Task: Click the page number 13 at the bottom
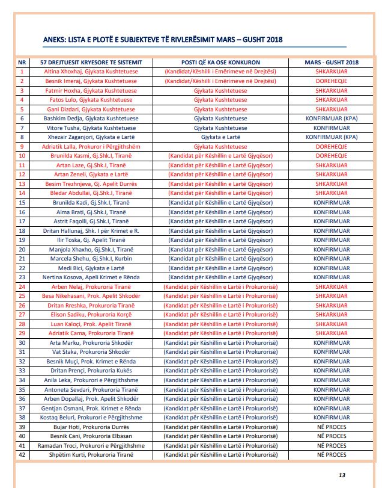342,475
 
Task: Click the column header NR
22,62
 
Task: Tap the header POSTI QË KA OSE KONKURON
220,62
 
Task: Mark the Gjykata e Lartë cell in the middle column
220,137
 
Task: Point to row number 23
22,277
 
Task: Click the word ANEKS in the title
56,40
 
